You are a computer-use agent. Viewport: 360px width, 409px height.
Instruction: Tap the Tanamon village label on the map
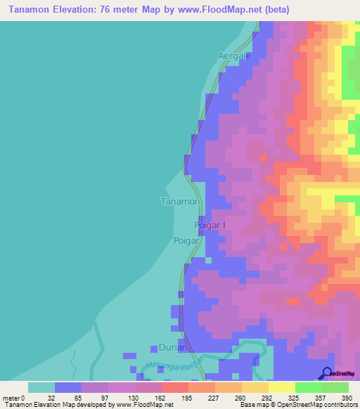[x=181, y=202]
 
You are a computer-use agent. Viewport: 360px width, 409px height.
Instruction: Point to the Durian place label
[x=172, y=348]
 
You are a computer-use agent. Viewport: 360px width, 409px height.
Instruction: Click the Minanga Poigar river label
[x=174, y=366]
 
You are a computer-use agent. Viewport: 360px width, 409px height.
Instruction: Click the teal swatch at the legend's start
[x=41, y=387]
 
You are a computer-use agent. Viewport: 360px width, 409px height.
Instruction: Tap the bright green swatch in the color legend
[x=308, y=387]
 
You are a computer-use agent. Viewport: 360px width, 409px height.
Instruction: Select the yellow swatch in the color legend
[x=281, y=387]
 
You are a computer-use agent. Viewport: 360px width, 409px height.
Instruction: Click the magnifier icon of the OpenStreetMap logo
[x=328, y=372]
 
